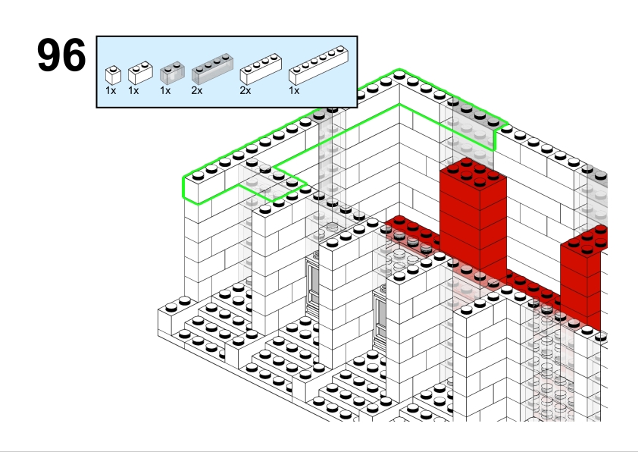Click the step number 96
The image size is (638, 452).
tap(61, 55)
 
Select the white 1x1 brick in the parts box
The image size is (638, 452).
tap(113, 75)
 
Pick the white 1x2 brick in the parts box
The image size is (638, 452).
tap(140, 73)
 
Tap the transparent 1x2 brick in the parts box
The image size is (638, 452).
tap(172, 73)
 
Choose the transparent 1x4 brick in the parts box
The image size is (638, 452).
tap(212, 69)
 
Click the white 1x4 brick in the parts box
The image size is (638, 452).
tap(261, 69)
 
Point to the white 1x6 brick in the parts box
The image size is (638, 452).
tap(318, 65)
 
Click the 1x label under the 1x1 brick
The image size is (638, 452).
tap(111, 91)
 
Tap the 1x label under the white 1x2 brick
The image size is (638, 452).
tap(133, 91)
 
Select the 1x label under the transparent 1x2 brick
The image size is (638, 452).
tap(165, 91)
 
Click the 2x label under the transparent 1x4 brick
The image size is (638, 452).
tap(197, 91)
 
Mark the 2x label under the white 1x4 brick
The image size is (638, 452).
tap(246, 91)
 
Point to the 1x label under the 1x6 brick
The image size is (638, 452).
tap(294, 91)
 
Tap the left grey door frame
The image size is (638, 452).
tap(312, 284)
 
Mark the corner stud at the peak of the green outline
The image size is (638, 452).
tap(399, 74)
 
